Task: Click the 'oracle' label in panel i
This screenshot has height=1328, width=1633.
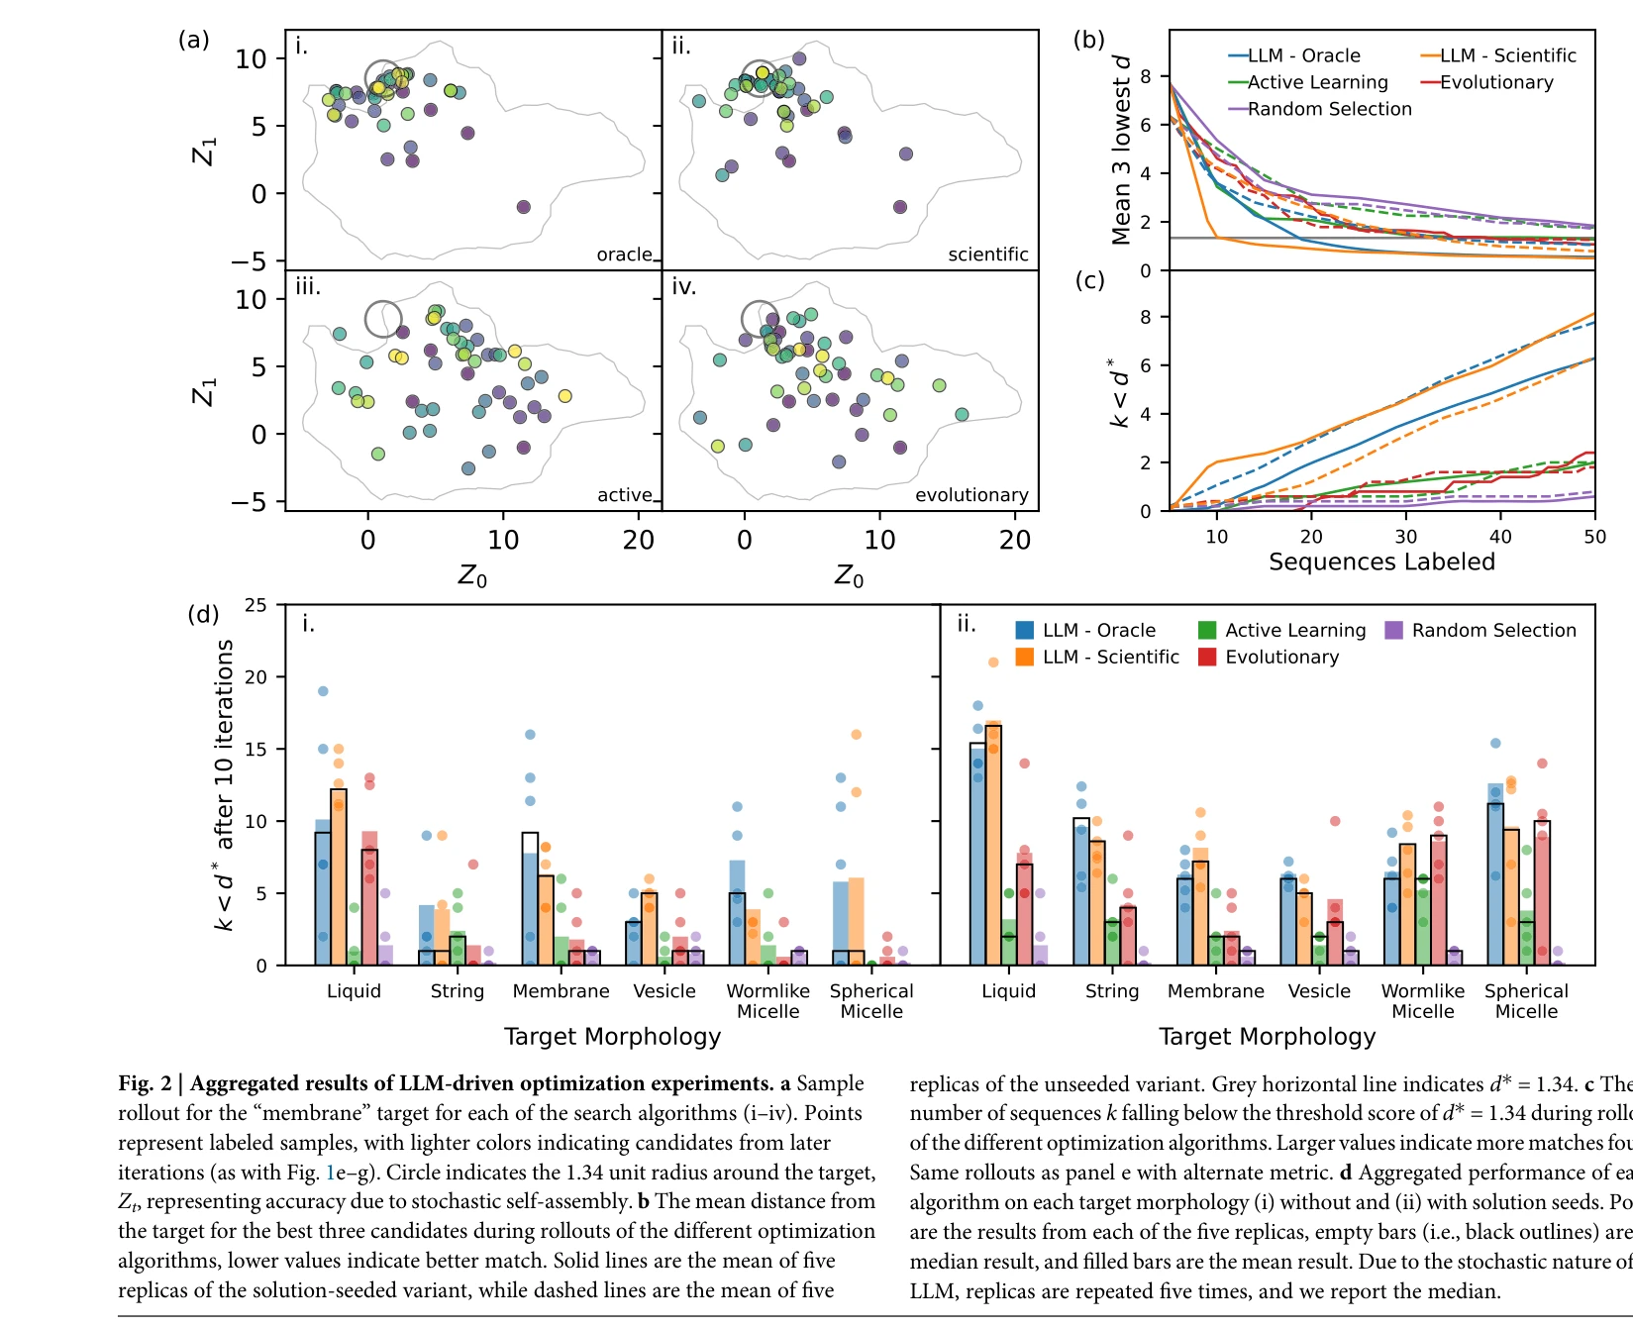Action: pyautogui.click(x=624, y=255)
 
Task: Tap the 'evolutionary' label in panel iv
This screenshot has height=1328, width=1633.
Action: pyautogui.click(x=970, y=495)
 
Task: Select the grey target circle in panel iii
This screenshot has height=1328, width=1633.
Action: pyautogui.click(x=383, y=319)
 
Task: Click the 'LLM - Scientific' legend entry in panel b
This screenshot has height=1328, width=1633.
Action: pyautogui.click(x=1506, y=55)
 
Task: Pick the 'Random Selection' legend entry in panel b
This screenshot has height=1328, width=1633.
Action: pyautogui.click(x=1329, y=109)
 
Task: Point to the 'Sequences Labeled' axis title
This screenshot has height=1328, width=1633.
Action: pyautogui.click(x=1381, y=562)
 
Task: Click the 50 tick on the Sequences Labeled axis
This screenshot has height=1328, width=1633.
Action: pyautogui.click(x=1594, y=537)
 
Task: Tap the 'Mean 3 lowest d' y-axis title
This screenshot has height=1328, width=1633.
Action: pyautogui.click(x=1121, y=149)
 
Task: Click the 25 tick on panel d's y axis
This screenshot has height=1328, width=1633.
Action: pyautogui.click(x=255, y=605)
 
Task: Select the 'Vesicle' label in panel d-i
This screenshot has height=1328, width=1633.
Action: pyautogui.click(x=664, y=991)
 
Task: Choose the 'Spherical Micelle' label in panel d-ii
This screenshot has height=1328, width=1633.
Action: pyautogui.click(x=1526, y=1000)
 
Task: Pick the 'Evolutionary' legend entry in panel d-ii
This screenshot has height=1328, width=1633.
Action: pyautogui.click(x=1281, y=658)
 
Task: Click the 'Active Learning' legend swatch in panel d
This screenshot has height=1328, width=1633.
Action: pyautogui.click(x=1207, y=631)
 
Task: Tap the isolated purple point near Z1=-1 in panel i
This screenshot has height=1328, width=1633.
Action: pyautogui.click(x=523, y=207)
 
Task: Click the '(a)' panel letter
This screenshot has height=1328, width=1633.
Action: pyautogui.click(x=193, y=40)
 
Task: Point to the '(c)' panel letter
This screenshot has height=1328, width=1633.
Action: pyautogui.click(x=1089, y=280)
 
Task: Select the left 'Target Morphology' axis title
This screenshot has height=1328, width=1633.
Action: pyautogui.click(x=612, y=1037)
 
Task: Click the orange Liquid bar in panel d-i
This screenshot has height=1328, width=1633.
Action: pyautogui.click(x=339, y=877)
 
